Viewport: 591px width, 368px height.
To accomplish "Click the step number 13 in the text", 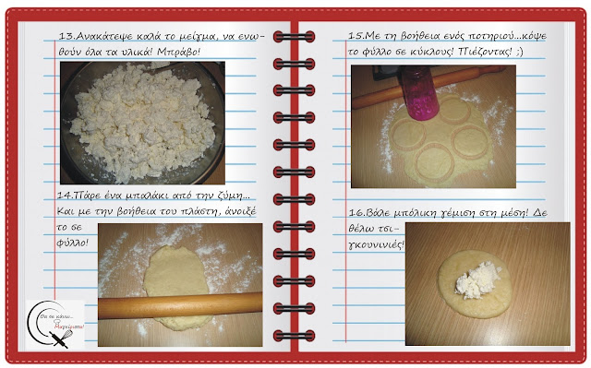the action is coord(65,36).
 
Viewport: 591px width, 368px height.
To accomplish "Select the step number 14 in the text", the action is coord(64,196).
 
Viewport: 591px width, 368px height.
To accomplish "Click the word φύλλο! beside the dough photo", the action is coord(72,243).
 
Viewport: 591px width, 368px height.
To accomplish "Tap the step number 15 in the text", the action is coord(355,36).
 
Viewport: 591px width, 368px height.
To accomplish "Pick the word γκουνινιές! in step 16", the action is coord(376,245).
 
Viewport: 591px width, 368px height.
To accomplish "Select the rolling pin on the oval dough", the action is coord(180,305).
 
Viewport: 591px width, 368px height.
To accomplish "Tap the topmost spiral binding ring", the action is coord(294,37).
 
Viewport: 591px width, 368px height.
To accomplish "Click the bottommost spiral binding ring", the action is coord(294,336).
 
